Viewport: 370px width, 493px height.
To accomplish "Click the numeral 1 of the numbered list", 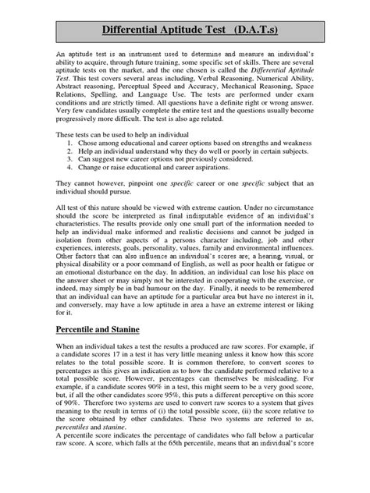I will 71,144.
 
